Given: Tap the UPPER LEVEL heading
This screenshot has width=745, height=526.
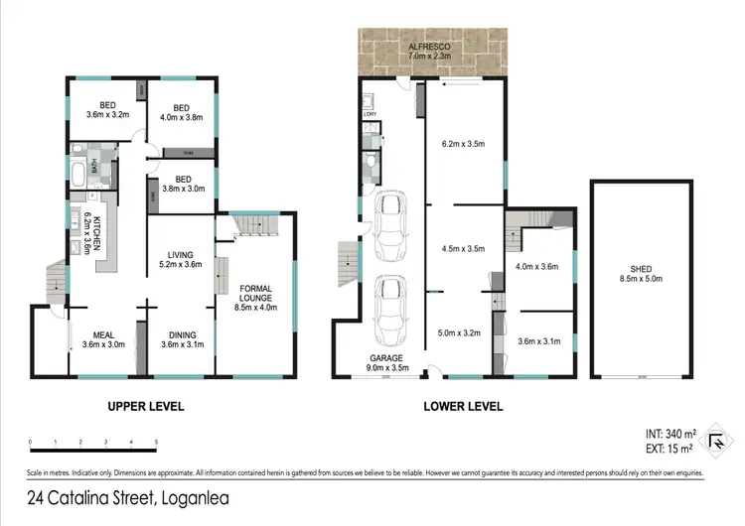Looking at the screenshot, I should (146, 406).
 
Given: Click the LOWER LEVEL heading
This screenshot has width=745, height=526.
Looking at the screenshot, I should (463, 406).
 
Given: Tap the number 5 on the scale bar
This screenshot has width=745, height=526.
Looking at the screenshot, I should (157, 442).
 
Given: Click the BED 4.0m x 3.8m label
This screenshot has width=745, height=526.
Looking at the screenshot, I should (181, 114).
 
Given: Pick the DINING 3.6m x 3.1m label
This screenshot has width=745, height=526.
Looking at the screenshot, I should (181, 340).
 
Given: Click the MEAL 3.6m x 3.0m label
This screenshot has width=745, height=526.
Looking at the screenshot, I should (103, 340).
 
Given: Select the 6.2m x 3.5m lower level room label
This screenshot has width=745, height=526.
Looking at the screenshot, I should (462, 145).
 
